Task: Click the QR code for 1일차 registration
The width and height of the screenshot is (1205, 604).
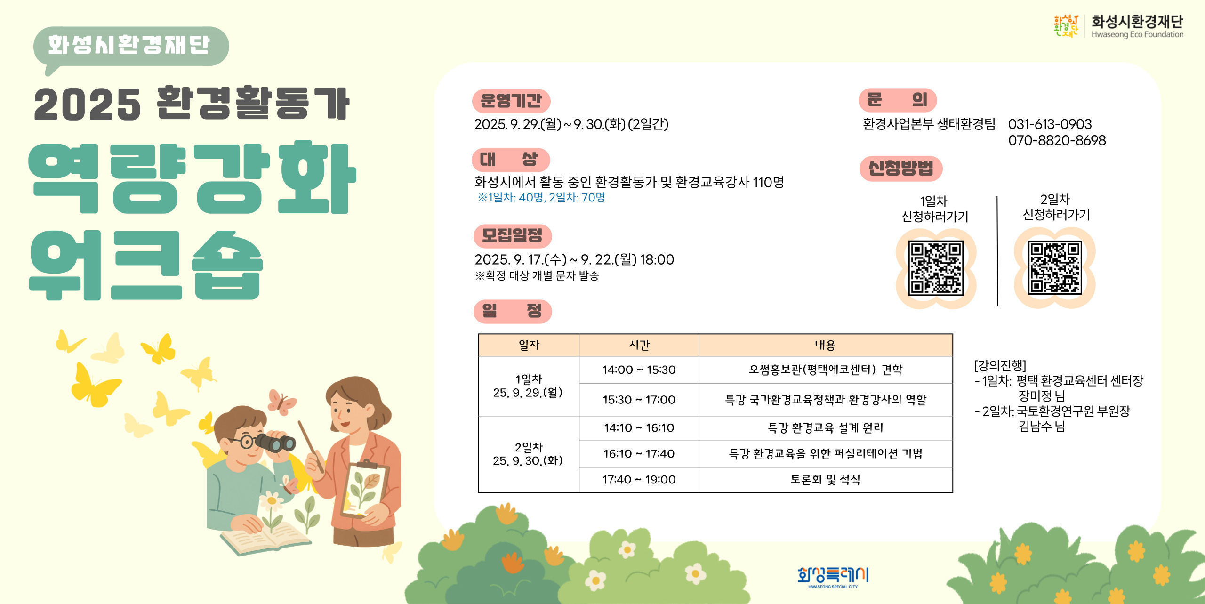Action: point(936,268)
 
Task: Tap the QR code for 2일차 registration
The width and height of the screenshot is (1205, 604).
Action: point(1055,267)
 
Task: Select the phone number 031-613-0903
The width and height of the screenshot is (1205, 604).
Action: point(1050,124)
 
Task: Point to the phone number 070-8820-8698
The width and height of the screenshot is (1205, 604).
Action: point(1057,140)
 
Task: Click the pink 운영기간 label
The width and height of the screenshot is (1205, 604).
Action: point(511,101)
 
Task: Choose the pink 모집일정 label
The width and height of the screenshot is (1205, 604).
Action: point(512,235)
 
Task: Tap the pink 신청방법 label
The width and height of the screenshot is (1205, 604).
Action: point(900,168)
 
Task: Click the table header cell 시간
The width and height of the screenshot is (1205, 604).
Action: point(639,345)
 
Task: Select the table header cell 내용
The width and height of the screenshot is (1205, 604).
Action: point(825,345)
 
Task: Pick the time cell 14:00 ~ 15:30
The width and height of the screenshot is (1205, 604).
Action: point(639,370)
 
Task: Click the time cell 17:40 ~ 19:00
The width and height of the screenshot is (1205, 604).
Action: point(639,479)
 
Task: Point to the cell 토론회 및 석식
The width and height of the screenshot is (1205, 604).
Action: point(825,479)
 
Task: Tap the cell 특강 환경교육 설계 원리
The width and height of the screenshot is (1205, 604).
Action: point(825,427)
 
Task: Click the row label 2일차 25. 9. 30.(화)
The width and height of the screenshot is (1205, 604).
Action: point(528,454)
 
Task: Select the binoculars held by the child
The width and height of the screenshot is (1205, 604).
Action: point(276,443)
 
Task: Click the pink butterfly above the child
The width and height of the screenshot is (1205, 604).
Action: point(281,402)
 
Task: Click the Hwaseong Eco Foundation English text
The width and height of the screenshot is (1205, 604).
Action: point(1137,34)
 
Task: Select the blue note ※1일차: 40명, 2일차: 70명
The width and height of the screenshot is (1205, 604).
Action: point(541,197)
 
